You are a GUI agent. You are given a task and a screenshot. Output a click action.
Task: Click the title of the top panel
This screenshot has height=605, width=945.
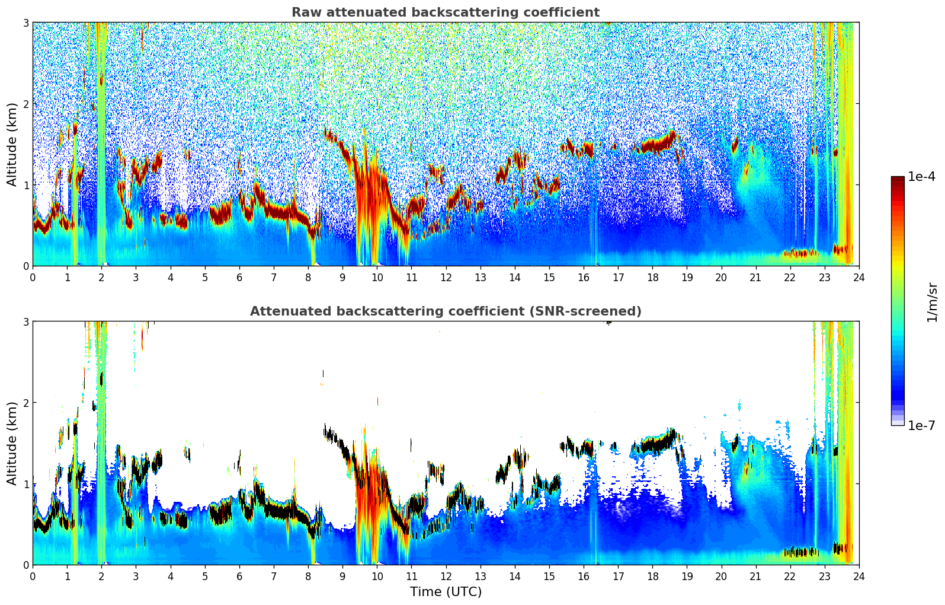pos(445,12)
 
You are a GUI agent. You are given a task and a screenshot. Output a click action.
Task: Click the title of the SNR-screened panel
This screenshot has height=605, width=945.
pos(445,311)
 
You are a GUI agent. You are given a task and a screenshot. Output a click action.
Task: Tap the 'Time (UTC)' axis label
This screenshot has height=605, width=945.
pos(446,592)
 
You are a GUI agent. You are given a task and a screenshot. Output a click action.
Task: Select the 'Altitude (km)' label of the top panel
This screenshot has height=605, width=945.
pos(12,144)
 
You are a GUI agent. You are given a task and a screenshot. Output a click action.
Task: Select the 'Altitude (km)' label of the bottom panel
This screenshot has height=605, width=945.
pos(12,443)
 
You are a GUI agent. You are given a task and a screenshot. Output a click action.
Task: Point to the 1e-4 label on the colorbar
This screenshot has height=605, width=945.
pos(921,177)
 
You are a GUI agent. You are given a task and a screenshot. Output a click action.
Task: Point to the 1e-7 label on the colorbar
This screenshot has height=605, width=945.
pos(921,425)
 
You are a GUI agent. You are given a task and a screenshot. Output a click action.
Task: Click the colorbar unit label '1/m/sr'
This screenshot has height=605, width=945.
pos(932,302)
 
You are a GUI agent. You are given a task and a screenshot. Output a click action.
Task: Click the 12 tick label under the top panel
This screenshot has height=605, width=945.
pos(446,278)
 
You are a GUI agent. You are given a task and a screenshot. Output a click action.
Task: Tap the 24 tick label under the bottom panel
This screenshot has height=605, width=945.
pos(858,577)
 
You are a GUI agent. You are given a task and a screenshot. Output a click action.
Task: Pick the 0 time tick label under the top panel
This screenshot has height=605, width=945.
pos(33,278)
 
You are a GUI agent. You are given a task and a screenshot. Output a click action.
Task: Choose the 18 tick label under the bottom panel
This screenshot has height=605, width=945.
pos(652,577)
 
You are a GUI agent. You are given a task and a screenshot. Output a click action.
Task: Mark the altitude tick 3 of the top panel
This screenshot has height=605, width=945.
pos(25,23)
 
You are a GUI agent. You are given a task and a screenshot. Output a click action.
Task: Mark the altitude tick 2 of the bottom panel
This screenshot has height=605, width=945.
pos(25,403)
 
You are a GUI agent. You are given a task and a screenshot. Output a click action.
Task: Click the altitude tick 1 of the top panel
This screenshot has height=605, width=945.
pos(25,185)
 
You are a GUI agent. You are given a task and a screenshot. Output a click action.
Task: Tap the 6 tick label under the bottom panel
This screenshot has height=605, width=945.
pos(239,577)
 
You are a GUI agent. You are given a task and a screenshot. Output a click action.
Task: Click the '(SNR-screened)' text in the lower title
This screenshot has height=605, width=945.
pos(584,311)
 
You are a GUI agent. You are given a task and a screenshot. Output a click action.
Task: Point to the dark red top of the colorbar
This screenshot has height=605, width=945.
pos(897,180)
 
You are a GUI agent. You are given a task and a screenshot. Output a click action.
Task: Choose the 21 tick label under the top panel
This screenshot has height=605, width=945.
pos(755,278)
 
